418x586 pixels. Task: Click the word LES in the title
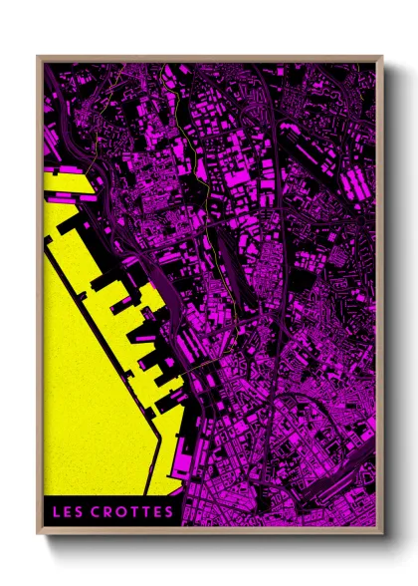(x=70, y=513)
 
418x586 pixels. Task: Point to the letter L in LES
(x=59, y=513)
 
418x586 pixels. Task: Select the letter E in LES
(x=70, y=513)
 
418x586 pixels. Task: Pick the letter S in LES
(x=81, y=513)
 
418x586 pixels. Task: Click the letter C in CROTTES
(x=98, y=513)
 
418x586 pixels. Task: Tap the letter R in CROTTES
(x=108, y=513)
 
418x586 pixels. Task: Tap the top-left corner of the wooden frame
(x=38, y=57)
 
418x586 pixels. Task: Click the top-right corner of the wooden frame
(x=382, y=57)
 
